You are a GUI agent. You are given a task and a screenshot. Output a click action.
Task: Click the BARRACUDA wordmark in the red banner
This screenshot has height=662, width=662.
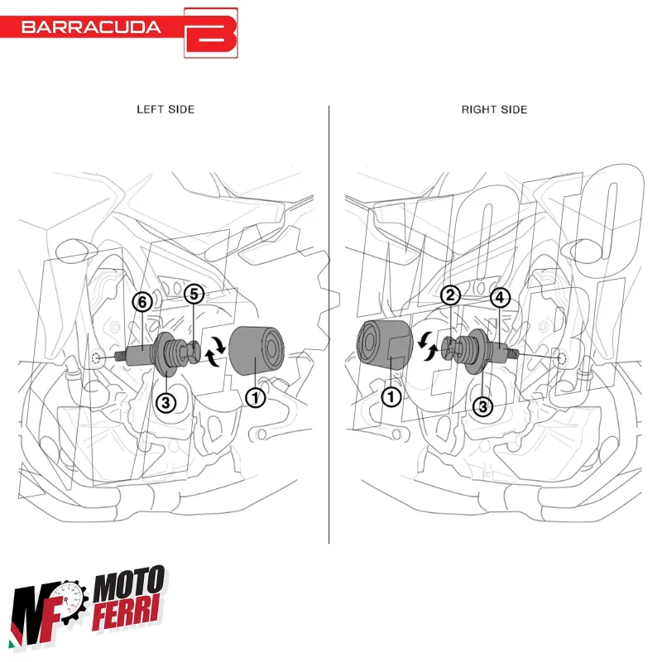click(x=91, y=27)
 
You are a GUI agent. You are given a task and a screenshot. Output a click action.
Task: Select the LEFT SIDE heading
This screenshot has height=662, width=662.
click(x=166, y=109)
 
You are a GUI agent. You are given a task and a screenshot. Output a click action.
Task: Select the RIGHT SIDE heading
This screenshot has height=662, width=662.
click(x=494, y=109)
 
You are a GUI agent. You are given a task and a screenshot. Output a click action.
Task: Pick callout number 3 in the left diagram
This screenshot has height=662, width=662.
click(x=166, y=403)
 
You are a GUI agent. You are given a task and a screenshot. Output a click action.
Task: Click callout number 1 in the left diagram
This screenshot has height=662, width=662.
click(x=256, y=397)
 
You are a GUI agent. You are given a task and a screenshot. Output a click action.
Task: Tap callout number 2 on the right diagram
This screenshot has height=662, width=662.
click(x=450, y=295)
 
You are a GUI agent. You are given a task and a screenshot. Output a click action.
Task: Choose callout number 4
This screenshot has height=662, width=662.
click(x=500, y=297)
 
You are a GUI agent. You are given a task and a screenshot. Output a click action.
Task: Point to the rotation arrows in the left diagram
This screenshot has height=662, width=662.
click(x=217, y=351)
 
